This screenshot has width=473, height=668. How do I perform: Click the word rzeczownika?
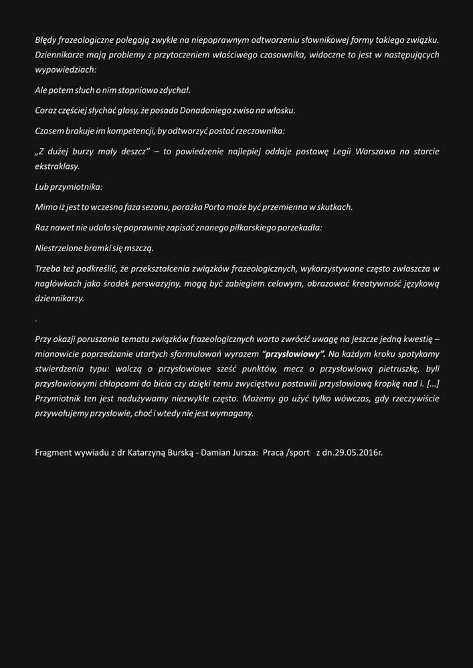pos(260,130)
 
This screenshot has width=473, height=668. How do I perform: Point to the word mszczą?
pos(140,248)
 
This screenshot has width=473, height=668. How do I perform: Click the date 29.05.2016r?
pos(357,452)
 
